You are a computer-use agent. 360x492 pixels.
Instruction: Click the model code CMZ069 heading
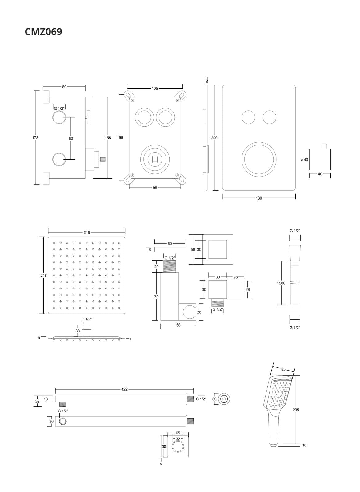pyautogui.click(x=43, y=32)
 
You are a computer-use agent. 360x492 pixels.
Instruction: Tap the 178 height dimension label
pyautogui.click(x=35, y=138)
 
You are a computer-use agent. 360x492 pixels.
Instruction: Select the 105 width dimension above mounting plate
pyautogui.click(x=154, y=89)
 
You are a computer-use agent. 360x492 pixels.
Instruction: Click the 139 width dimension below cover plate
pyautogui.click(x=259, y=198)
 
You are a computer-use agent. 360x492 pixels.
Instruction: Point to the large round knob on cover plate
pyautogui.click(x=259, y=159)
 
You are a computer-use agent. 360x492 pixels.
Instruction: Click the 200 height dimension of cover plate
pyautogui.click(x=214, y=138)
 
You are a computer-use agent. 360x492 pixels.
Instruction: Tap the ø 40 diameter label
pyautogui.click(x=304, y=160)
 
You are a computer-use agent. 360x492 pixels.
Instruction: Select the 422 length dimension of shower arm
pyautogui.click(x=124, y=389)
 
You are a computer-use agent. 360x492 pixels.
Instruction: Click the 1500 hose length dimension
pyautogui.click(x=281, y=283)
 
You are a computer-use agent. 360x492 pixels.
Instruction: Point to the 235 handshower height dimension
pyautogui.click(x=296, y=410)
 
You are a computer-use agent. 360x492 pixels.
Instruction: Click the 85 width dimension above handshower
pyautogui.click(x=283, y=369)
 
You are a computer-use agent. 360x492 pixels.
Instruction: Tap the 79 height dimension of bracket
pyautogui.click(x=156, y=297)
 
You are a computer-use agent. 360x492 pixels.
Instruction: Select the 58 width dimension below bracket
pyautogui.click(x=178, y=325)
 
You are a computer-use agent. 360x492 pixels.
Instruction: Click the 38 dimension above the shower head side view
pyautogui.click(x=78, y=331)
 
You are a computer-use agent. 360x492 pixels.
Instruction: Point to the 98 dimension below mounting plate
pyautogui.click(x=155, y=188)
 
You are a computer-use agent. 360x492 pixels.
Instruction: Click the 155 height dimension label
pyautogui.click(x=108, y=138)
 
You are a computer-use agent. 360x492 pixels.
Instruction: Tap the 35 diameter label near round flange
pyautogui.click(x=214, y=399)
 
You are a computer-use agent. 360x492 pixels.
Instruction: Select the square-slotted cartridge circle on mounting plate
pyautogui.click(x=155, y=159)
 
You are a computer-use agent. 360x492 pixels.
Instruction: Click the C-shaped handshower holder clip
pyautogui.click(x=189, y=311)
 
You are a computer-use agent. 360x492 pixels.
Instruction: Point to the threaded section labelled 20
pyautogui.click(x=170, y=266)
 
